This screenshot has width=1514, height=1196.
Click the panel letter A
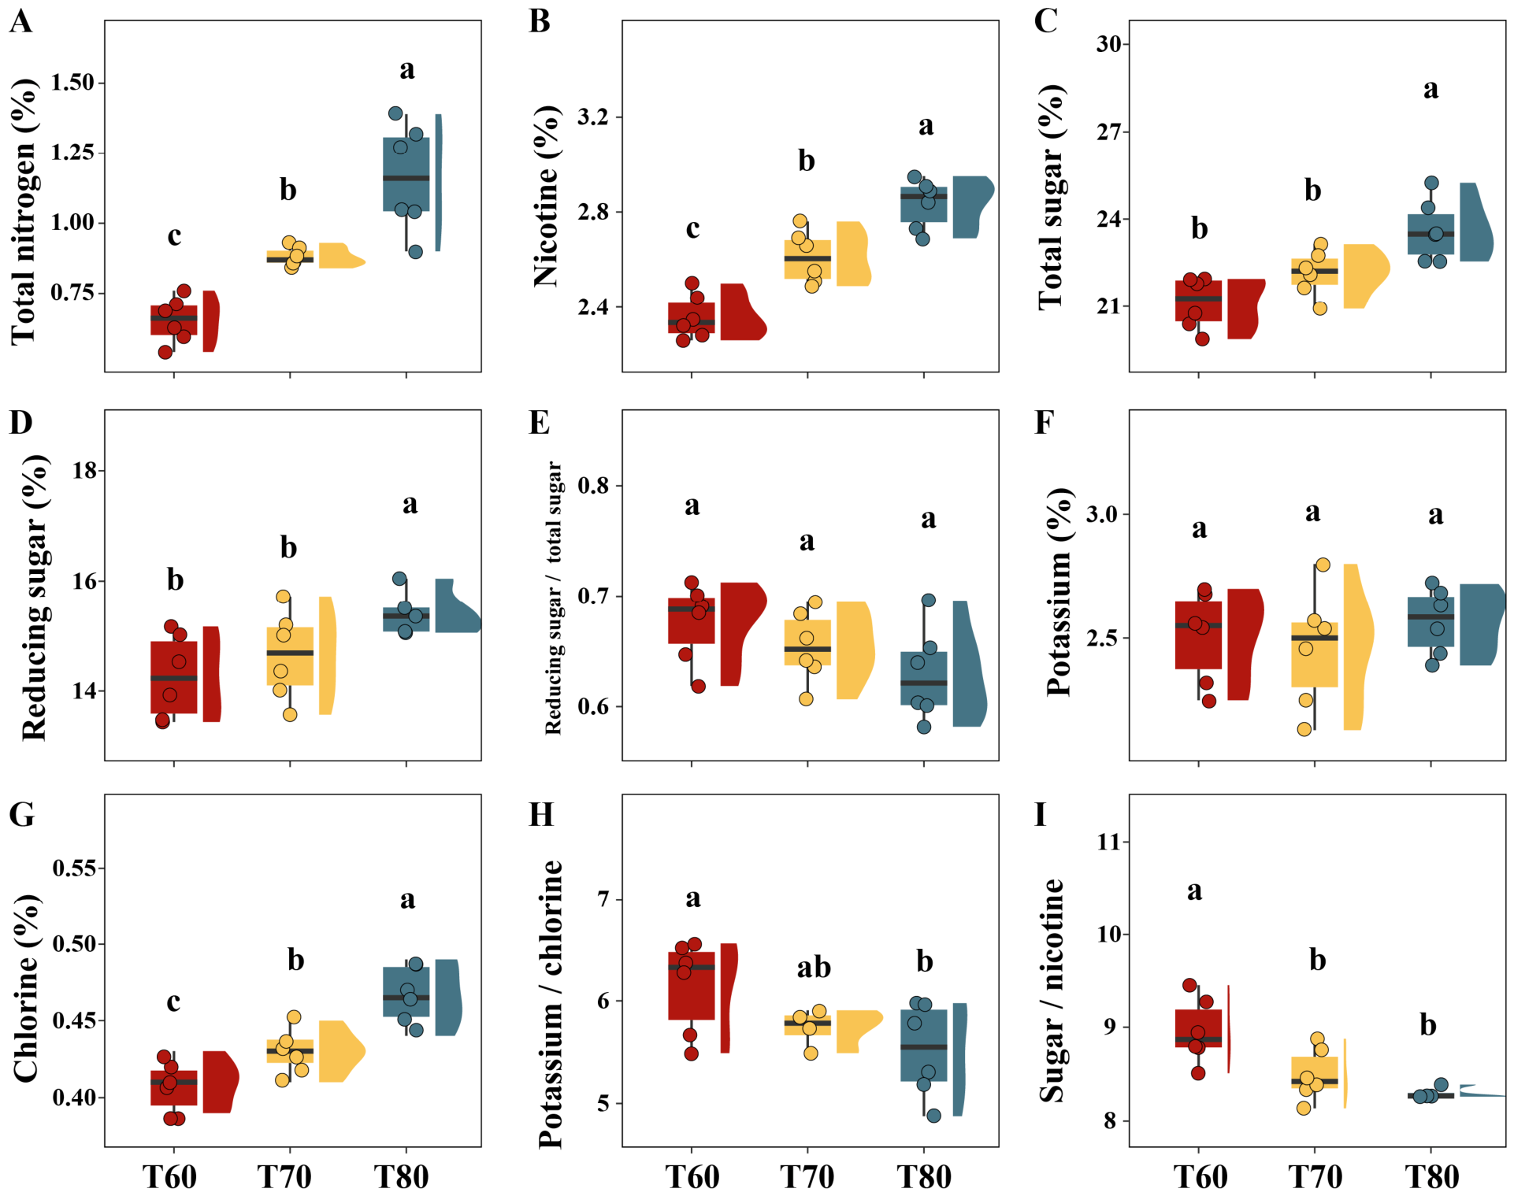pos(21,21)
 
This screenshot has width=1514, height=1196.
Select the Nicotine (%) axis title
pos(545,195)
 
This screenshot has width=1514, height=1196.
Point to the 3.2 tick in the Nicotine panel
pos(594,117)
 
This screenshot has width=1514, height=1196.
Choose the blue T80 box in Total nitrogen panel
pos(406,175)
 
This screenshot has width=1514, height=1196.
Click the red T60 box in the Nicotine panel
pos(692,318)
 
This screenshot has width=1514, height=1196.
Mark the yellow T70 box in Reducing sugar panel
pos(290,656)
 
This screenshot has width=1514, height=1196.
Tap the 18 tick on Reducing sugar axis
pos(84,470)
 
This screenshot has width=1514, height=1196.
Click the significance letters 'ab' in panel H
pos(814,967)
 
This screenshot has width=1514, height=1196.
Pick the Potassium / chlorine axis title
pos(551,1005)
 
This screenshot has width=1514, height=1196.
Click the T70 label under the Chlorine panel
pos(284,1176)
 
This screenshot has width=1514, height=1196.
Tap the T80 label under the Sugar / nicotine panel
pos(1432,1176)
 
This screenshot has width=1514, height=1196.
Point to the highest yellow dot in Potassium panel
pos(1323,565)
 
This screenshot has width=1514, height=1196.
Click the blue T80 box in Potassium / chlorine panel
pos(924,1046)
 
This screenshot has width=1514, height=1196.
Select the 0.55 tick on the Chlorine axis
pos(74,868)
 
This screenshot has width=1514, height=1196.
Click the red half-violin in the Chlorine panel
pos(221,1082)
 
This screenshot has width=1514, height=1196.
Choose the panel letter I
pos(1041,814)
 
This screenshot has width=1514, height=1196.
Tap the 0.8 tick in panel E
pos(594,485)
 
